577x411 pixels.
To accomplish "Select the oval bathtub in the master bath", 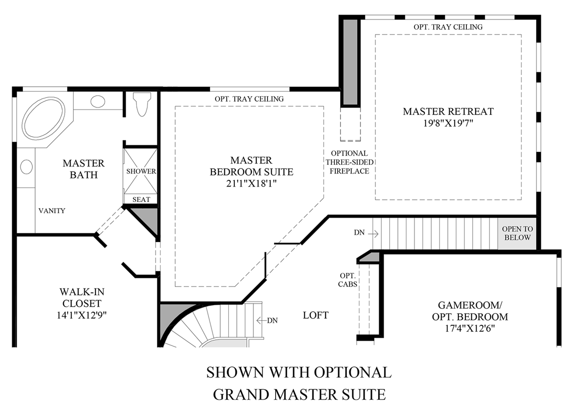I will coord(44,118).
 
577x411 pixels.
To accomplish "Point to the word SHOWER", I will coord(141,171).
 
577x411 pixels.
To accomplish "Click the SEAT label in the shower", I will coord(141,200).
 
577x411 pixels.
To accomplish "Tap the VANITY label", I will coord(52,211).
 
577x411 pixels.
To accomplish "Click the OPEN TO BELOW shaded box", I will coord(516,233).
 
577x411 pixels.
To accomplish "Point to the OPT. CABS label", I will coord(348,280).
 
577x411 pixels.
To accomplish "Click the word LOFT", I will coord(316,315).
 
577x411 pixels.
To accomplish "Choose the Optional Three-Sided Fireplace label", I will coord(349,162).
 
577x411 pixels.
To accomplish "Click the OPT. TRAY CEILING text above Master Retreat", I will coord(448,27).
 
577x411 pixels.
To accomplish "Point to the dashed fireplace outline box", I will coord(350,124).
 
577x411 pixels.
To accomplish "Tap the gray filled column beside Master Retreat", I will coord(350,62).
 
